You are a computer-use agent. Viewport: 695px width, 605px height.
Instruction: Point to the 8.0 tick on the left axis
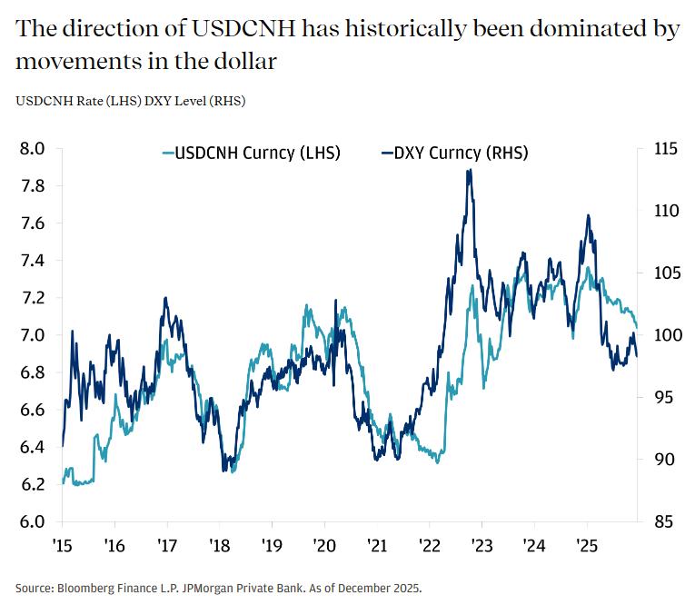coord(33,149)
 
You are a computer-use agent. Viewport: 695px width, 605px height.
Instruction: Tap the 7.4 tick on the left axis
coord(33,261)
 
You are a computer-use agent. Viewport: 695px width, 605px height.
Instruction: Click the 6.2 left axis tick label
coord(33,485)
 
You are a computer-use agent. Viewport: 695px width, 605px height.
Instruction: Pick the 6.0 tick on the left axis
coord(33,522)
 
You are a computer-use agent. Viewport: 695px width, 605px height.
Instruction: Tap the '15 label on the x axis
coord(62,548)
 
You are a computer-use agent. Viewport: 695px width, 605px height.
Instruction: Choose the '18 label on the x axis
coord(220,548)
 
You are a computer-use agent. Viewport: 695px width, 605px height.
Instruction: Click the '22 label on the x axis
coord(429,548)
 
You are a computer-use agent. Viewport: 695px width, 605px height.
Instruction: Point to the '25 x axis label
coord(586,548)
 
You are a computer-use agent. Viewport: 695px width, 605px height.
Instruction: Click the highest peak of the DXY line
coord(469,170)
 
